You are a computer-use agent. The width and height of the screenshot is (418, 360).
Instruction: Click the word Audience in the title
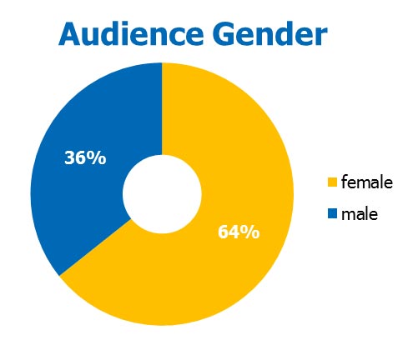(131, 33)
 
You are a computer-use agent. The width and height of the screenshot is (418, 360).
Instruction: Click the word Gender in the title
(269, 33)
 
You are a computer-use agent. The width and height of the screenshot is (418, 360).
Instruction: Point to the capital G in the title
(223, 34)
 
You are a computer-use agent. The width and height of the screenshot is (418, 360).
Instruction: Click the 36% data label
(85, 157)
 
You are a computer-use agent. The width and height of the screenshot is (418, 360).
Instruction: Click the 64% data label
(239, 232)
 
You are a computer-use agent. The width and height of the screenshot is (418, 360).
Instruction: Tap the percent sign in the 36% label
(97, 157)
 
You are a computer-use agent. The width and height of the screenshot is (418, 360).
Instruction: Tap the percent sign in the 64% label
(250, 232)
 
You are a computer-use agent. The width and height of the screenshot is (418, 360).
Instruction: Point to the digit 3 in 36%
(69, 157)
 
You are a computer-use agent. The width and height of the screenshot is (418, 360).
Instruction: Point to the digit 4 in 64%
(234, 232)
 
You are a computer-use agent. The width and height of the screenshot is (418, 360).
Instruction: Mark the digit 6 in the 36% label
(81, 157)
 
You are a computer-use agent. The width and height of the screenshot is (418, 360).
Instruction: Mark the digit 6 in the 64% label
(224, 232)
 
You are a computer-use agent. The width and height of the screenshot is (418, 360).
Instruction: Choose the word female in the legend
(367, 182)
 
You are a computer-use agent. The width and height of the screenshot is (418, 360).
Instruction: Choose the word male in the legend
(360, 214)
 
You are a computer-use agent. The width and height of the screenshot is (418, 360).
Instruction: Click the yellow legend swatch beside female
(332, 182)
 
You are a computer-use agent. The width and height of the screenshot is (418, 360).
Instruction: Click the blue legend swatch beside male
(332, 214)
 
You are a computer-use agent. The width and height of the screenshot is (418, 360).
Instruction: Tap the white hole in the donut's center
(162, 194)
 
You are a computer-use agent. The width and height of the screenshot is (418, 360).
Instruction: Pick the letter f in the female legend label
(344, 182)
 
